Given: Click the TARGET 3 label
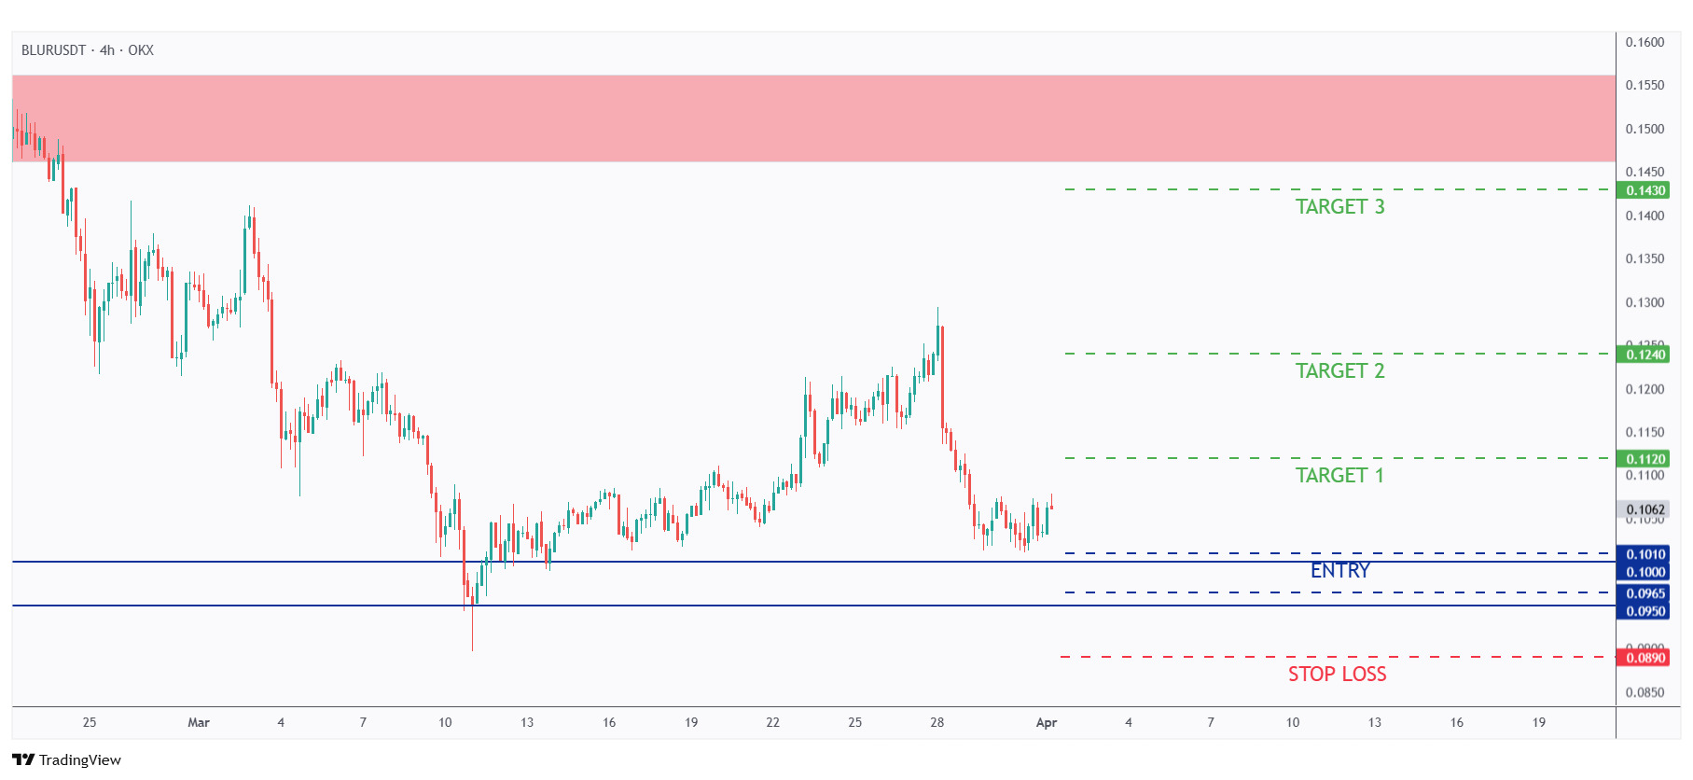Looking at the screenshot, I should [x=1339, y=207].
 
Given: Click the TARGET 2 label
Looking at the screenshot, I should [x=1339, y=371].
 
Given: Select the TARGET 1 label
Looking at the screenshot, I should [x=1339, y=476].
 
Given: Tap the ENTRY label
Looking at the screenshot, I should [x=1339, y=571].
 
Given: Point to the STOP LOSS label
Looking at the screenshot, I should [x=1337, y=675].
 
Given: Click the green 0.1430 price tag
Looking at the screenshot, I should [x=1645, y=190].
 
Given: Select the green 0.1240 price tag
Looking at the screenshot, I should [x=1645, y=355].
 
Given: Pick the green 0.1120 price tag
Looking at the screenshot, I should [x=1645, y=459].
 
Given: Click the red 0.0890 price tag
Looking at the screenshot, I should [x=1645, y=658].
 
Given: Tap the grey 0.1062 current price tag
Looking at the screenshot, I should [x=1645, y=509].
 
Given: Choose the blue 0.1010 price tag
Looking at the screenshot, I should [x=1645, y=554].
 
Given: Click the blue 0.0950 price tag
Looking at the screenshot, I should [x=1645, y=612].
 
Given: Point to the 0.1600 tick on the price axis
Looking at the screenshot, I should [x=1644, y=42].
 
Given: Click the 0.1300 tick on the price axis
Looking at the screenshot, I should [x=1644, y=302].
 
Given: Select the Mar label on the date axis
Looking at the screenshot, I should [x=199, y=722].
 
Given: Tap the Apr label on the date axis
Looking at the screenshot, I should [x=1047, y=722].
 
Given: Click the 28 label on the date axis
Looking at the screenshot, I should [x=937, y=722].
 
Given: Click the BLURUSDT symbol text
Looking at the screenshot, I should [x=53, y=50].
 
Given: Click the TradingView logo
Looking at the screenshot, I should [x=66, y=759].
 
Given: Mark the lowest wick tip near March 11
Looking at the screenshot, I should [x=472, y=650].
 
